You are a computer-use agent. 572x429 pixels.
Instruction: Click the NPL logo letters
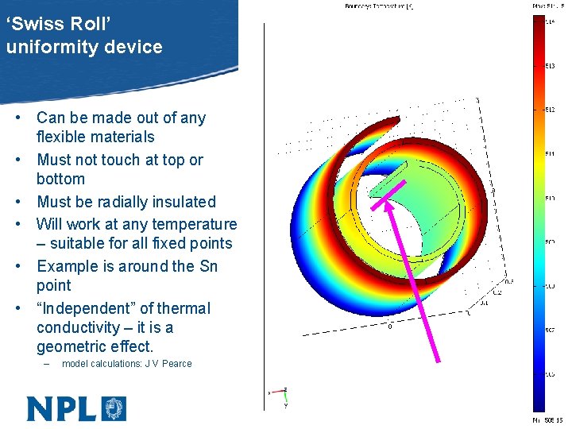62,408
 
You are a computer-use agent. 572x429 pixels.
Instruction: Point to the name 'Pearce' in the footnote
176,364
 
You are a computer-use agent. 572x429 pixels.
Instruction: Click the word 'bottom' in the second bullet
60,179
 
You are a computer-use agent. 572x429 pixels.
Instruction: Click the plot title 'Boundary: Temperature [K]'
379,6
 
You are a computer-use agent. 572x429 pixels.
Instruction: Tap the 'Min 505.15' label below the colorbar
547,420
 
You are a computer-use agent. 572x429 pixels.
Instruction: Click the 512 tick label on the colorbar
550,110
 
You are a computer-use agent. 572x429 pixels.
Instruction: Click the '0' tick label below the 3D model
390,326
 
